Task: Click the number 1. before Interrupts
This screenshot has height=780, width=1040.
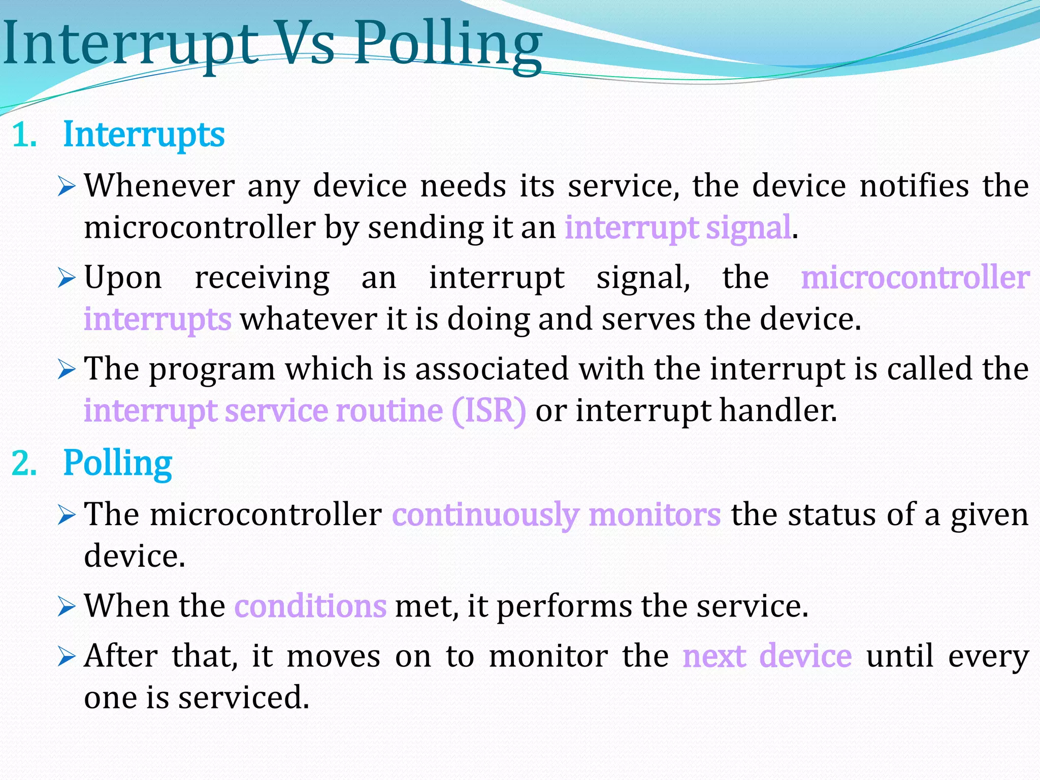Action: click(24, 136)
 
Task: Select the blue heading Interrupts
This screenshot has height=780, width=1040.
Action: click(144, 135)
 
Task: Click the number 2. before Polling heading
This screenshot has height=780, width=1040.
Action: click(24, 464)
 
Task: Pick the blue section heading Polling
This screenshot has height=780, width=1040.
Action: click(117, 464)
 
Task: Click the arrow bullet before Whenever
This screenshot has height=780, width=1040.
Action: click(67, 186)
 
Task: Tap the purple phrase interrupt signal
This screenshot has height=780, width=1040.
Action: click(678, 227)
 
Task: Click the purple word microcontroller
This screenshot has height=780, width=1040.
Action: click(915, 278)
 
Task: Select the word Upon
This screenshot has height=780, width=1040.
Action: click(123, 279)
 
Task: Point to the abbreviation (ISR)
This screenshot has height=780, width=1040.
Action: click(489, 410)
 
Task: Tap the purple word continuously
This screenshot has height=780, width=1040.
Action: click(485, 514)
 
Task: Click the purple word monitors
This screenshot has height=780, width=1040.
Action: click(655, 514)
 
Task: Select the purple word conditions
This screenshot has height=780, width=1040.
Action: click(310, 606)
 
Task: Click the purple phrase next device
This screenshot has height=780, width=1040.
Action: click(767, 656)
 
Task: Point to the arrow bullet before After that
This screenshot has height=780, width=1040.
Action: click(67, 657)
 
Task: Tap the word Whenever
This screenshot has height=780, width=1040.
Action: click(159, 185)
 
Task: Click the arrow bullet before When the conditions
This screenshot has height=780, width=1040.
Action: click(67, 606)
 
